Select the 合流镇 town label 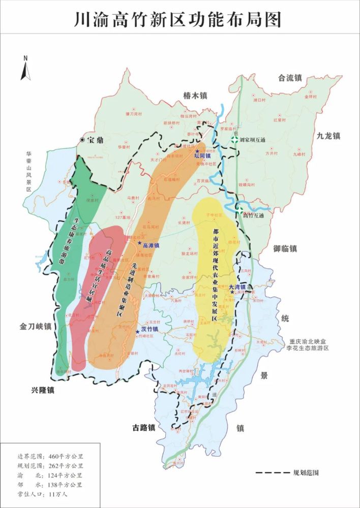pyautogui.click(x=290, y=78)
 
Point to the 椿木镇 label pyautogui.click(x=196, y=96)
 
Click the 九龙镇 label pyautogui.click(x=328, y=136)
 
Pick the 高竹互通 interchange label pyautogui.click(x=255, y=215)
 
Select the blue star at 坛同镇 pyautogui.click(x=197, y=151)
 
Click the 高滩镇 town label pyautogui.click(x=151, y=245)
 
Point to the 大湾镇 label pyautogui.click(x=237, y=287)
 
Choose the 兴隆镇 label pyautogui.click(x=42, y=390)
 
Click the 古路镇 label pyautogui.click(x=140, y=428)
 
